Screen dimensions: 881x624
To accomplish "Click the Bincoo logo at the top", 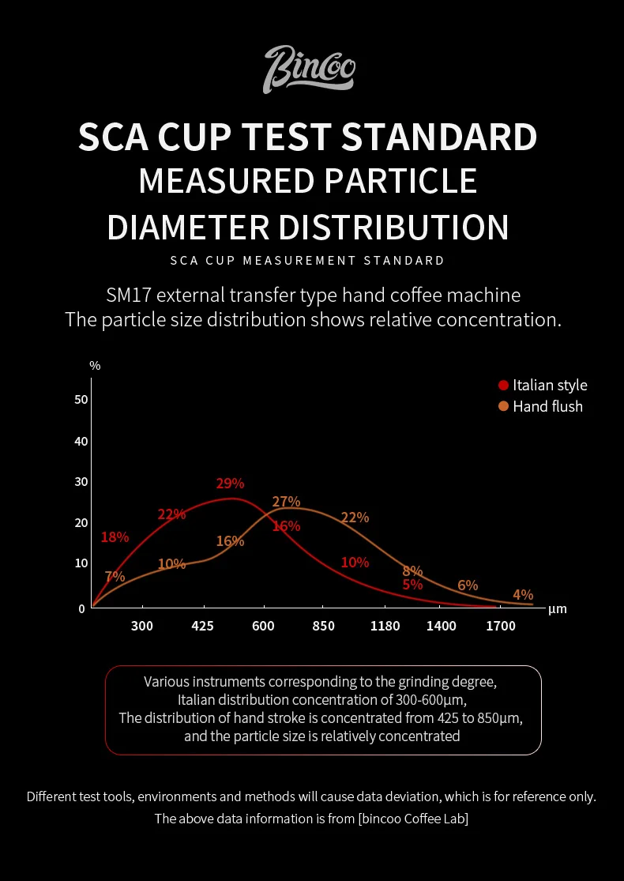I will point(309,70).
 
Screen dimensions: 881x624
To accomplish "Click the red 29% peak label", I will point(230,484).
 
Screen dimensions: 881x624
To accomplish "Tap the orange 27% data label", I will point(286,502).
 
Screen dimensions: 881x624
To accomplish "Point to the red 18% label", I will point(115,537).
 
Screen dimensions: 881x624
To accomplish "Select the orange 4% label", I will point(523,595).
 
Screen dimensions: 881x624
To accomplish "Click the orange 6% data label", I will point(468,585).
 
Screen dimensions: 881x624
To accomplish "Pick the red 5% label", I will point(412,585).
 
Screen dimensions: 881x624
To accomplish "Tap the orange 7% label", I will point(115,577).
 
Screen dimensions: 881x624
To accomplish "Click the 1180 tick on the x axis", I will point(385,627).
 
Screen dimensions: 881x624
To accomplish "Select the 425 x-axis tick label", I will point(203,627).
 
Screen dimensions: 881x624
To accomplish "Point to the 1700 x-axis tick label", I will point(501,627).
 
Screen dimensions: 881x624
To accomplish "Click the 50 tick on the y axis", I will point(81,400).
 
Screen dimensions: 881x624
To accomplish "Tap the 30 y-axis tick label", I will point(81,482).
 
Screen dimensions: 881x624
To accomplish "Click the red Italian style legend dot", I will point(503,386).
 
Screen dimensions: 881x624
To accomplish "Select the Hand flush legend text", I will point(547,407).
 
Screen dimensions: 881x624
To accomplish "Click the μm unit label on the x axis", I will point(557,609).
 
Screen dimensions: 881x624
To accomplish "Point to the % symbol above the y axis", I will point(95,366).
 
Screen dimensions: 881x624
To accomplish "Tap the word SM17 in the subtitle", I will point(130,296).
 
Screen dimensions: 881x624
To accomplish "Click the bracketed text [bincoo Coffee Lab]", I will point(413,819).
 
